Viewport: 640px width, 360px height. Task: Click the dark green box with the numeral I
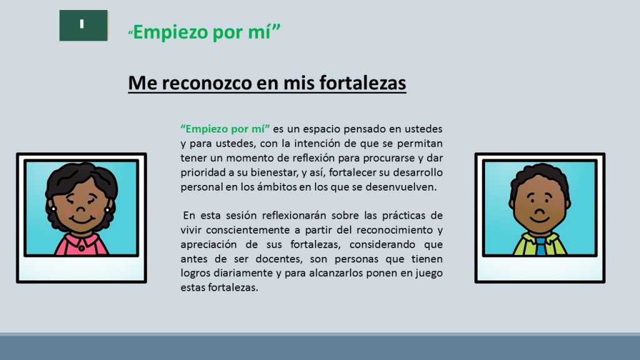(84, 25)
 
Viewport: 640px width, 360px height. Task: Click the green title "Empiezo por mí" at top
(204, 32)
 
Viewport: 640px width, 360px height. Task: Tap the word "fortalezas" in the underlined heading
(363, 82)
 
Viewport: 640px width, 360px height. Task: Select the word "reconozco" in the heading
(206, 82)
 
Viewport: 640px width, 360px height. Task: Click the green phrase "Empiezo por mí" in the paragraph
(225, 129)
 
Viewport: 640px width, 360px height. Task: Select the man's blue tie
(541, 246)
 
